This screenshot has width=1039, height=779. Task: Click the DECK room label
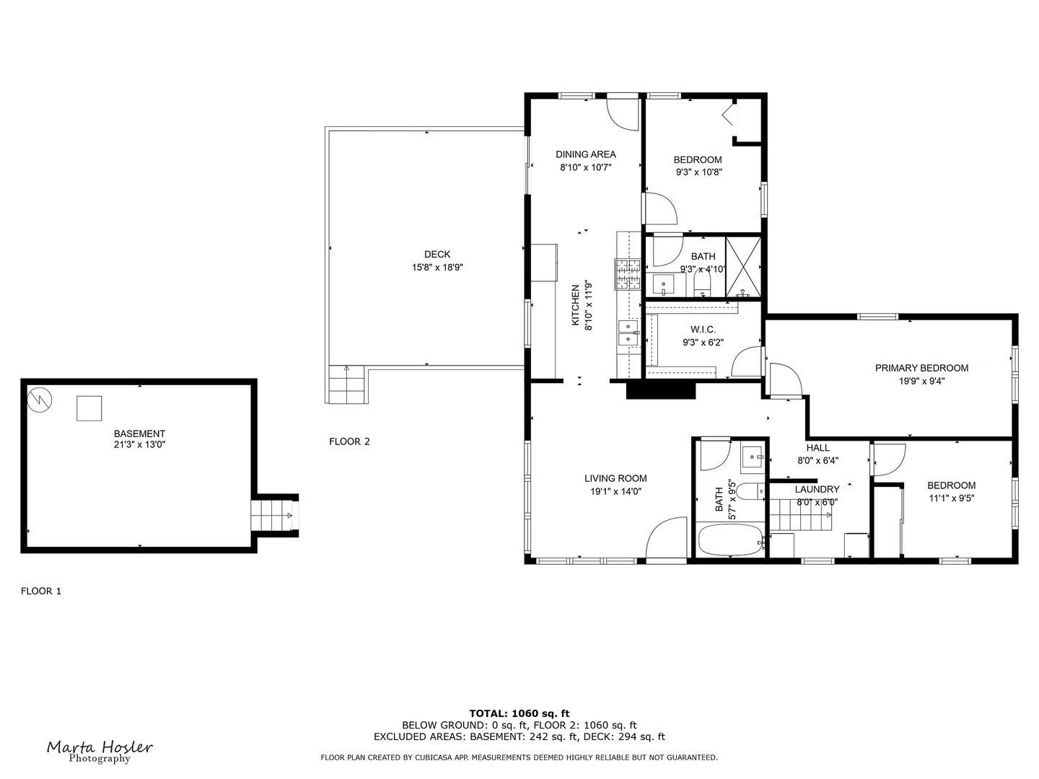pyautogui.click(x=437, y=254)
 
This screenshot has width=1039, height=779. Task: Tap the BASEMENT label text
pyautogui.click(x=139, y=433)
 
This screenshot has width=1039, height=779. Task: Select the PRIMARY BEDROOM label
pyautogui.click(x=921, y=368)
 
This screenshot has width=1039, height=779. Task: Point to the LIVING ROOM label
pyautogui.click(x=615, y=478)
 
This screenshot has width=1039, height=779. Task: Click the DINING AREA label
pyautogui.click(x=585, y=154)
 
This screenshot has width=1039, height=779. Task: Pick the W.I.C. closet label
pyautogui.click(x=703, y=330)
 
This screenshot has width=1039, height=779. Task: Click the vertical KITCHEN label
pyautogui.click(x=576, y=305)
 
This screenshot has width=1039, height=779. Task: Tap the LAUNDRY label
pyautogui.click(x=817, y=489)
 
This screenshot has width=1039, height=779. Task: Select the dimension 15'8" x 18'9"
pyautogui.click(x=437, y=268)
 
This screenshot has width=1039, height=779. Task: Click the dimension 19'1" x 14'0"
pyautogui.click(x=615, y=491)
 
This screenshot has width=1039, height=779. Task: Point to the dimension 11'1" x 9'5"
pyautogui.click(x=951, y=498)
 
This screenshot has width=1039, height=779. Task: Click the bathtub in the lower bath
pyautogui.click(x=729, y=541)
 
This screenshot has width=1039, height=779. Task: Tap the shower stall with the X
pyautogui.click(x=742, y=266)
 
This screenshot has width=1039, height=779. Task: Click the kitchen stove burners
pyautogui.click(x=628, y=274)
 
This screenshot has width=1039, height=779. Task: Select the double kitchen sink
pyautogui.click(x=629, y=333)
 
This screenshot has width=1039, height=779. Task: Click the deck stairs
pyautogui.click(x=347, y=385)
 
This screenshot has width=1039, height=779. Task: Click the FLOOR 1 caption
pyautogui.click(x=41, y=591)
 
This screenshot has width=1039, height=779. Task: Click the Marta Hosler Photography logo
pyautogui.click(x=100, y=751)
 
